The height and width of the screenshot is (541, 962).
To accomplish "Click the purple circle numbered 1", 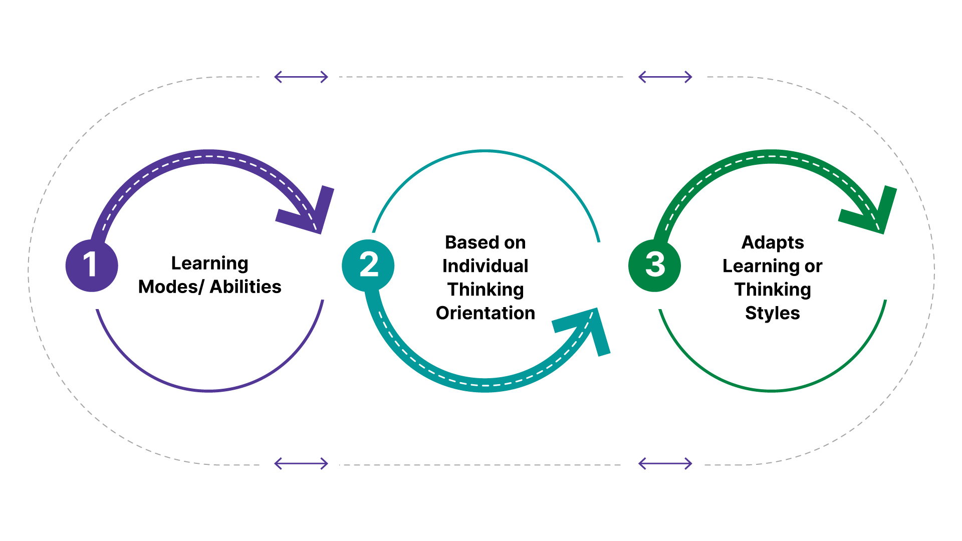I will pyautogui.click(x=92, y=265).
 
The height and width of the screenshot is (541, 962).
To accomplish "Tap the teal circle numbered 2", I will pyautogui.click(x=368, y=265).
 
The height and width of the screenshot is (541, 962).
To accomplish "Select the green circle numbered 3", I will pyautogui.click(x=654, y=265).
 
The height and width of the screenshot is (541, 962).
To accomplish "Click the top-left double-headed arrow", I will pyautogui.click(x=301, y=77).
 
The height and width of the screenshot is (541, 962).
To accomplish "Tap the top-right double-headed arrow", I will pyautogui.click(x=665, y=77).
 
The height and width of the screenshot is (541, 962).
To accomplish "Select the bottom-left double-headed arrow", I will pyautogui.click(x=301, y=464).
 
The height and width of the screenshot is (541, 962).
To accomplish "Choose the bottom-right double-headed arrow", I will pyautogui.click(x=665, y=464).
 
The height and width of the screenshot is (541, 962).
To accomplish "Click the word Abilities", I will pyautogui.click(x=246, y=287).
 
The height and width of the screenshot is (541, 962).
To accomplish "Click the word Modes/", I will pyautogui.click(x=171, y=287).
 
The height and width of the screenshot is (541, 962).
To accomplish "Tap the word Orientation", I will pyautogui.click(x=485, y=313).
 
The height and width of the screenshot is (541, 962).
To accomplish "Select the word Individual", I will pyautogui.click(x=485, y=266).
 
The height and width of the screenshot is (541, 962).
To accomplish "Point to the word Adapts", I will pyautogui.click(x=773, y=243).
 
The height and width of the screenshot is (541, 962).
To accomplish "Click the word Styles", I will pyautogui.click(x=773, y=314).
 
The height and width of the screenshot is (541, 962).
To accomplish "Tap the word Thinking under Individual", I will pyautogui.click(x=485, y=290).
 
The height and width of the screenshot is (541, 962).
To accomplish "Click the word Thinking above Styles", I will pyautogui.click(x=773, y=290).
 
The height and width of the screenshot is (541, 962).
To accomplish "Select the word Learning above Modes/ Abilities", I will pyautogui.click(x=209, y=263).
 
